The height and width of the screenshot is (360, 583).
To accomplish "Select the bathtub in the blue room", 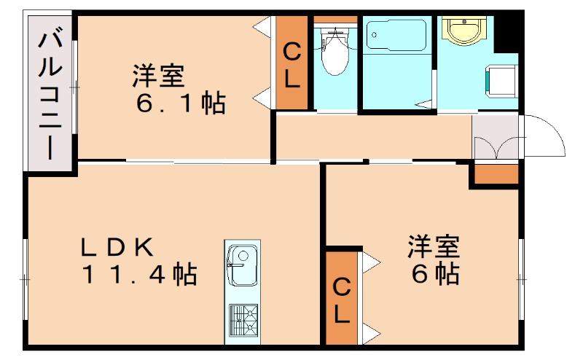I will coord(397,35).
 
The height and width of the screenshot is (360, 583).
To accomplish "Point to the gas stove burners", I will coord(243,318).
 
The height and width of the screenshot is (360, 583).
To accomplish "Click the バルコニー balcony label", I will coord(50,93).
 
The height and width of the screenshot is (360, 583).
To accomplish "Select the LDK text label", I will coord(117,247).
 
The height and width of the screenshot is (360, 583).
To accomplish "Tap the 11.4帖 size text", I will coord(138,275).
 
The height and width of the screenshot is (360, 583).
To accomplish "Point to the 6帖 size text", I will coord(433,274).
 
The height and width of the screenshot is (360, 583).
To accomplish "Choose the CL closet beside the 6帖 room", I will coord(342,300).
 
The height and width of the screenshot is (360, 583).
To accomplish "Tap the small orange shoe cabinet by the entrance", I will coord(496,174).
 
